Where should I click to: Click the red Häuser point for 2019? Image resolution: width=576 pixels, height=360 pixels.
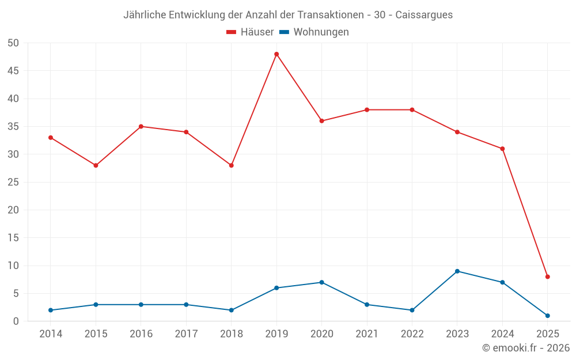276,54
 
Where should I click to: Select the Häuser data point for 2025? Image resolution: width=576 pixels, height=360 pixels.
547,276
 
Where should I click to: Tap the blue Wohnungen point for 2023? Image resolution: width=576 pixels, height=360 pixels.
457,271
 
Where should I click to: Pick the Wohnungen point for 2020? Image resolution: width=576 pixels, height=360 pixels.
321,282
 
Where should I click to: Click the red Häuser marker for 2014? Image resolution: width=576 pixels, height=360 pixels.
51,138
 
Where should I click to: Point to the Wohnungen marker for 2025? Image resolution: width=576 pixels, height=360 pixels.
547,316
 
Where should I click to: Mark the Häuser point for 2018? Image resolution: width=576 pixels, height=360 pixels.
231,165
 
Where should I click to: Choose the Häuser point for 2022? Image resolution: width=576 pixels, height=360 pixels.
412,109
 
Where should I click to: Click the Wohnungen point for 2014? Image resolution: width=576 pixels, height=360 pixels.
51,310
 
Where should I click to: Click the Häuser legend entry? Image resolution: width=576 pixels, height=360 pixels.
250,32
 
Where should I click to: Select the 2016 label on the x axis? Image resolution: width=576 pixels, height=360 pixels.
141,334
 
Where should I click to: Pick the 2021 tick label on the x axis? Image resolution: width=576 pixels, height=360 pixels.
366,334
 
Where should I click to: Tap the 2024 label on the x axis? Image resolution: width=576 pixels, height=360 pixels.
502,334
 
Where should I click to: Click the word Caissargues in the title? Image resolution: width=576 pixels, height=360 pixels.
424,15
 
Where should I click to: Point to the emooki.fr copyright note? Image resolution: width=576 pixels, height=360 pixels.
525,348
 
